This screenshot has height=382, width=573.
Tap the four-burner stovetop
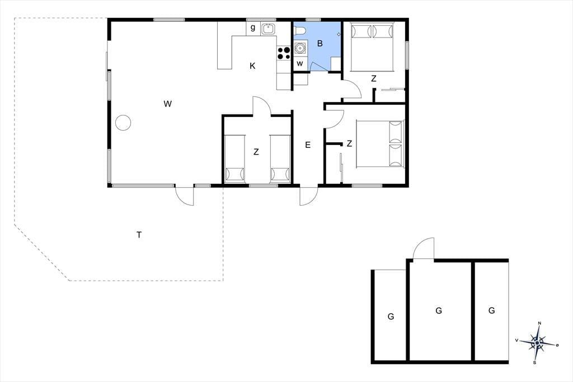click(284, 53)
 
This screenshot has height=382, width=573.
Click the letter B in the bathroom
click(320, 44)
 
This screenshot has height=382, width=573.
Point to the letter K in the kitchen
click(252, 66)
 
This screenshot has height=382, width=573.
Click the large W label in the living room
click(167, 104)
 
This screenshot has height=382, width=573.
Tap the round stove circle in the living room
click(123, 123)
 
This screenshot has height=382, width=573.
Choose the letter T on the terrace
click(139, 235)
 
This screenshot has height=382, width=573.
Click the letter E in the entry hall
click(308, 145)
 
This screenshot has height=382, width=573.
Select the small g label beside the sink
click(252, 28)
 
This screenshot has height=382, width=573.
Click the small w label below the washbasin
click(300, 64)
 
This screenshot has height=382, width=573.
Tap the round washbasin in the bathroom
click(300, 48)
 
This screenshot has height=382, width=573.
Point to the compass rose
click(537, 342)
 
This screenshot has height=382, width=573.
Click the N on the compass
click(540, 323)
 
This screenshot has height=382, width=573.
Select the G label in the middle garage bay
click(439, 311)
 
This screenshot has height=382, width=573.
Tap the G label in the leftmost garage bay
click(391, 316)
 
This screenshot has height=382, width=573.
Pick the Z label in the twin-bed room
click(256, 152)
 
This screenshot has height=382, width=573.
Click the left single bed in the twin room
click(234, 159)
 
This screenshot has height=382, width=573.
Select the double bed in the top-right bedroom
click(372, 46)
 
